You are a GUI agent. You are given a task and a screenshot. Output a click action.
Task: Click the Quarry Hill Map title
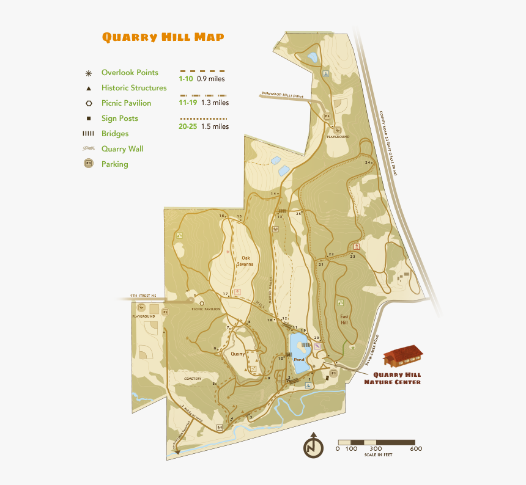click(x=163, y=37)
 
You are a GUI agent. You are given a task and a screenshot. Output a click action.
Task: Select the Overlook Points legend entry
click(x=130, y=73)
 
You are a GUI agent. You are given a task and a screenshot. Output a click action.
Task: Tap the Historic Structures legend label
click(x=134, y=88)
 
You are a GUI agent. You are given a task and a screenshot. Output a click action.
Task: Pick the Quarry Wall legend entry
click(x=122, y=149)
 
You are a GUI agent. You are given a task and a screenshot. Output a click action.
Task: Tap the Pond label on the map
click(x=299, y=360)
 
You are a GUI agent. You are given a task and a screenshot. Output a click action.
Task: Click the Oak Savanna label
click(x=246, y=261)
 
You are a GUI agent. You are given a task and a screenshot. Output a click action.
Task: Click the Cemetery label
click(x=192, y=379)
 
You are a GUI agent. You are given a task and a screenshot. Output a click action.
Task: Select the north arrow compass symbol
click(x=313, y=447)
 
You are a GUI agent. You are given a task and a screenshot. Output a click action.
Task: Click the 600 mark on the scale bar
click(x=416, y=449)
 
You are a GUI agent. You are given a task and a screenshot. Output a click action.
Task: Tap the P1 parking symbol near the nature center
click(x=333, y=373)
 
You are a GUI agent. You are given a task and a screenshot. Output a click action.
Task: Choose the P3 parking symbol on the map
click(x=327, y=116)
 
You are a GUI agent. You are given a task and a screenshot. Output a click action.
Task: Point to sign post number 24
click(x=368, y=162)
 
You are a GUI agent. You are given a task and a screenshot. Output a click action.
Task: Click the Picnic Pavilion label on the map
click(x=206, y=309)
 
